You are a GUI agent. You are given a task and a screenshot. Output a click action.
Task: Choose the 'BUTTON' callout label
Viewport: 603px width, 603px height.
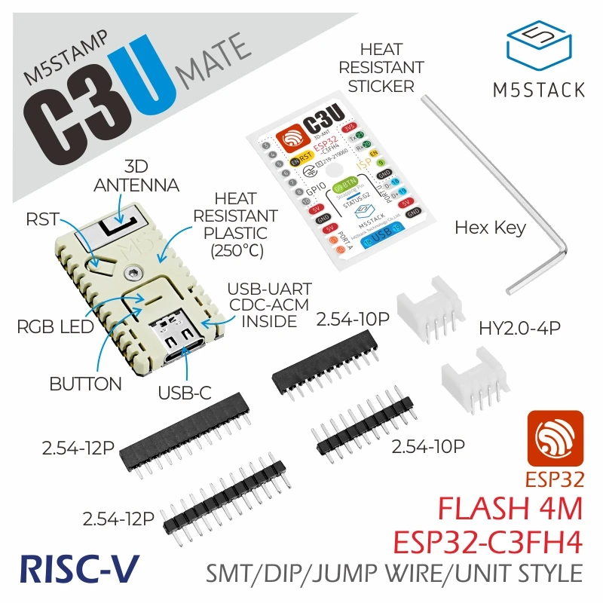click(85, 384)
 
